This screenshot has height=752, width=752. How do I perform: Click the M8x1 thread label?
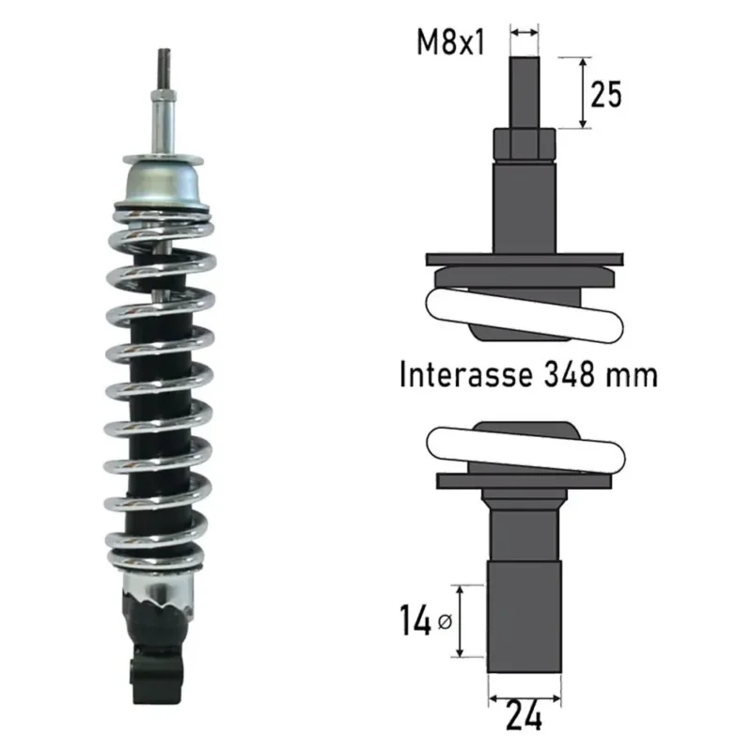coord(450,41)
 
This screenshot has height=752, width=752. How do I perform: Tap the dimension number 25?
coord(605,94)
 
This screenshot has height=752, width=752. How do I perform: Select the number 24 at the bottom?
coord(524,717)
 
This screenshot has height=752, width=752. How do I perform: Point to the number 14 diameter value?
coord(415,620)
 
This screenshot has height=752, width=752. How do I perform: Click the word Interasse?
coord(465,374)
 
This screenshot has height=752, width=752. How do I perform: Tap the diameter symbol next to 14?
coord(445,622)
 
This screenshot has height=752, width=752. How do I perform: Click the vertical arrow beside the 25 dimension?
coord(583,93)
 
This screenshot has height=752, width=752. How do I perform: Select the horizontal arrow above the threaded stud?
coord(525,33)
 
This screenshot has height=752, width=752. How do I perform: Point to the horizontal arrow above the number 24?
coord(525,698)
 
